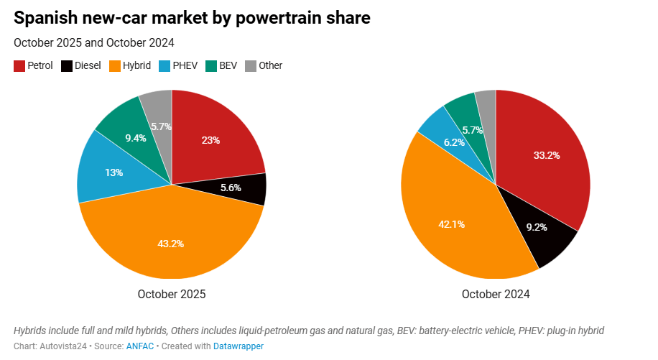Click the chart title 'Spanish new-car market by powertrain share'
pyautogui.click(x=192, y=18)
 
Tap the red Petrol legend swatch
pyautogui.click(x=19, y=66)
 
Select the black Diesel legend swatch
pyautogui.click(x=67, y=66)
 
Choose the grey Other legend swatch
pyautogui.click(x=250, y=66)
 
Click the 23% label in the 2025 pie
pyautogui.click(x=210, y=140)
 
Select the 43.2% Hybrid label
pyautogui.click(x=171, y=244)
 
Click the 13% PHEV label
pyautogui.click(x=113, y=172)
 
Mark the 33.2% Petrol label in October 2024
pyautogui.click(x=547, y=154)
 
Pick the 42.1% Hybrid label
pyautogui.click(x=451, y=224)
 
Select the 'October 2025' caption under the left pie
pyautogui.click(x=171, y=294)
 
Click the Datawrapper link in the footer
pyautogui.click(x=238, y=346)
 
